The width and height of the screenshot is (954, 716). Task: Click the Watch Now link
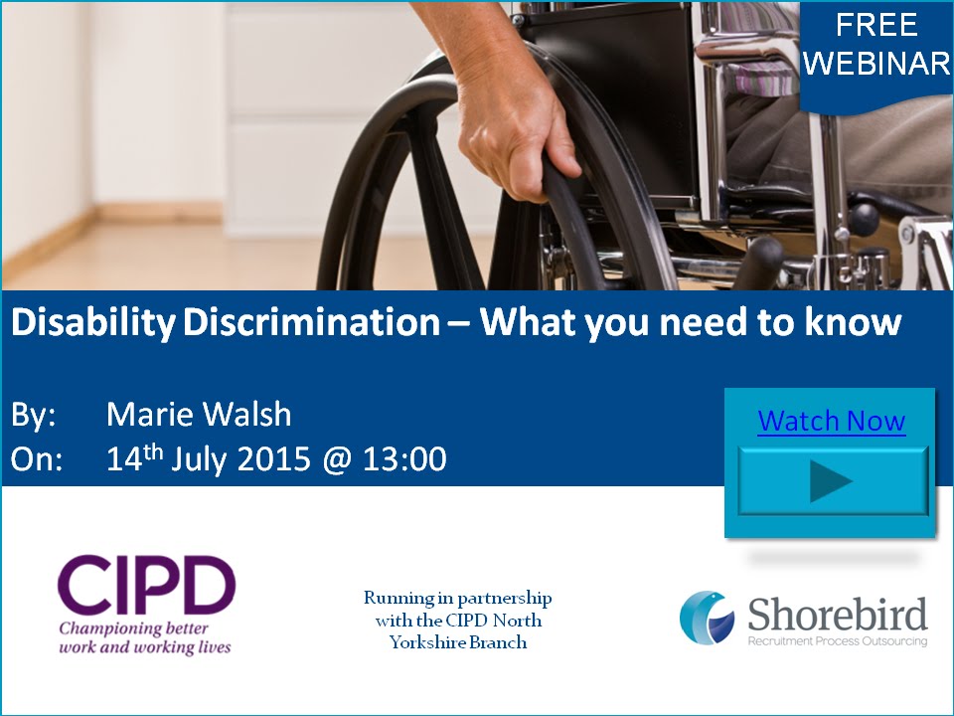tap(831, 422)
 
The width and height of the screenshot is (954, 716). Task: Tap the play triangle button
tap(832, 482)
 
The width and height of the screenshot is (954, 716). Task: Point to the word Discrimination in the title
tap(311, 323)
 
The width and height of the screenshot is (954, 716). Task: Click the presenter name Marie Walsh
tap(199, 415)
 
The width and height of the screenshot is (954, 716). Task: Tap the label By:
tap(34, 415)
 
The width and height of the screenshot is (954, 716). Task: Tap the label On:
tap(37, 459)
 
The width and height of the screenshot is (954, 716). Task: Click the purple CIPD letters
tap(146, 587)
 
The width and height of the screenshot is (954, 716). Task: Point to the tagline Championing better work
tap(145, 637)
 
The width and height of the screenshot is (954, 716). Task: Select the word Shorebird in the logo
tap(838, 614)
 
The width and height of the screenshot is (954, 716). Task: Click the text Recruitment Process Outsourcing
tap(837, 642)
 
